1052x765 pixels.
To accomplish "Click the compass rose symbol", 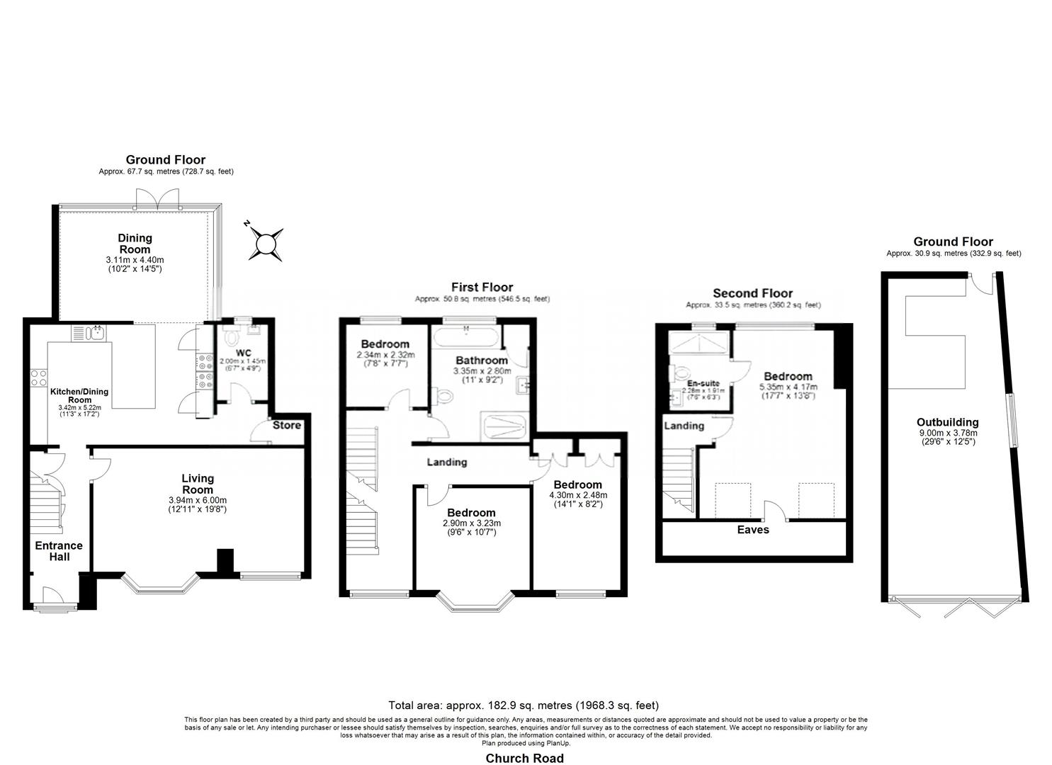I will coord(266,244).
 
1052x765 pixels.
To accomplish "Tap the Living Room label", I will coord(197,484).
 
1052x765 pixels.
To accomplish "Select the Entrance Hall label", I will coord(59,550).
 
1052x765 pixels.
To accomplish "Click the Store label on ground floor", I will coord(287,425).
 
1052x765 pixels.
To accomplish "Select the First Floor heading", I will coord(482,287).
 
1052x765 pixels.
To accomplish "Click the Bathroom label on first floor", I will coord(481,360).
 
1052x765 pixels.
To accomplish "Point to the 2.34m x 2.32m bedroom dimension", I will coord(385,355).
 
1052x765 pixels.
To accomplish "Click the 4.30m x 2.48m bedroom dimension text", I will coord(577,495).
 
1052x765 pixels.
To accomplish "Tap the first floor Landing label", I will coord(446,462).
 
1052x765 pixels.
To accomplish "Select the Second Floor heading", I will coord(752,293).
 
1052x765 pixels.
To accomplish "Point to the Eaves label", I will coord(752,529).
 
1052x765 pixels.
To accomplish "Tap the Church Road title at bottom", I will coord(524,758).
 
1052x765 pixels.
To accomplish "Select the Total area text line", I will coord(524,705).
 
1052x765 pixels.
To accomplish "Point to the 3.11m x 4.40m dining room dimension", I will coord(135,260).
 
